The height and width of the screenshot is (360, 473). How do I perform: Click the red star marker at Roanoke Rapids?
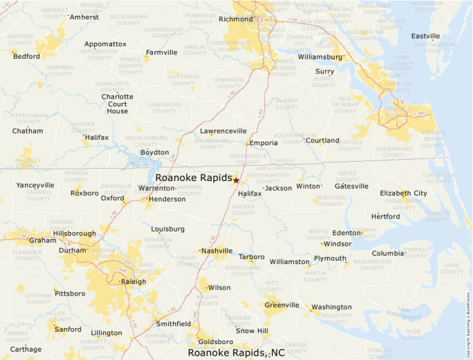tap(236, 180)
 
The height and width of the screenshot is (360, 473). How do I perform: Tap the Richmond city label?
tap(235, 19)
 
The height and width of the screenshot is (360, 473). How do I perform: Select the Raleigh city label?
tap(133, 281)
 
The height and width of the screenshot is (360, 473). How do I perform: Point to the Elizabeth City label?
tap(403, 193)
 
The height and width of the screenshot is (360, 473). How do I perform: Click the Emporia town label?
tap(263, 143)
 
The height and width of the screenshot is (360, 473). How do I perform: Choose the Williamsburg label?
tap(320, 57)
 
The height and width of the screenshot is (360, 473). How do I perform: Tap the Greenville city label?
tap(281, 305)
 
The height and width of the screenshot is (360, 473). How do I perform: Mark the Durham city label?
tap(73, 250)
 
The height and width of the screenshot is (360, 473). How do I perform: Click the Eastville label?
tap(425, 36)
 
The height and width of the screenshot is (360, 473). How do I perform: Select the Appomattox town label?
tap(105, 44)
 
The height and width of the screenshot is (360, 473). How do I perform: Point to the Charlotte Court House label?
tap(118, 104)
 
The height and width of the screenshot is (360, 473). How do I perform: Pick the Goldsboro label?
tap(215, 341)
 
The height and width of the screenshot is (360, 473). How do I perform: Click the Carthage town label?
tap(26, 349)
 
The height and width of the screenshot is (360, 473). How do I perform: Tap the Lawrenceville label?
tap(223, 131)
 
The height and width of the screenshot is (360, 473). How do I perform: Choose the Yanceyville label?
tap(35, 185)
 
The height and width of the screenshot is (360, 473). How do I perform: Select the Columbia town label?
tap(388, 253)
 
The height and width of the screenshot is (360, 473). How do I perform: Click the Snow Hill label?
tap(252, 331)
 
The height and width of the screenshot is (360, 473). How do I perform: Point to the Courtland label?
tap(323, 140)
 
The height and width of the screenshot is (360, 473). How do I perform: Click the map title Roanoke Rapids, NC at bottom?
tap(236, 353)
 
